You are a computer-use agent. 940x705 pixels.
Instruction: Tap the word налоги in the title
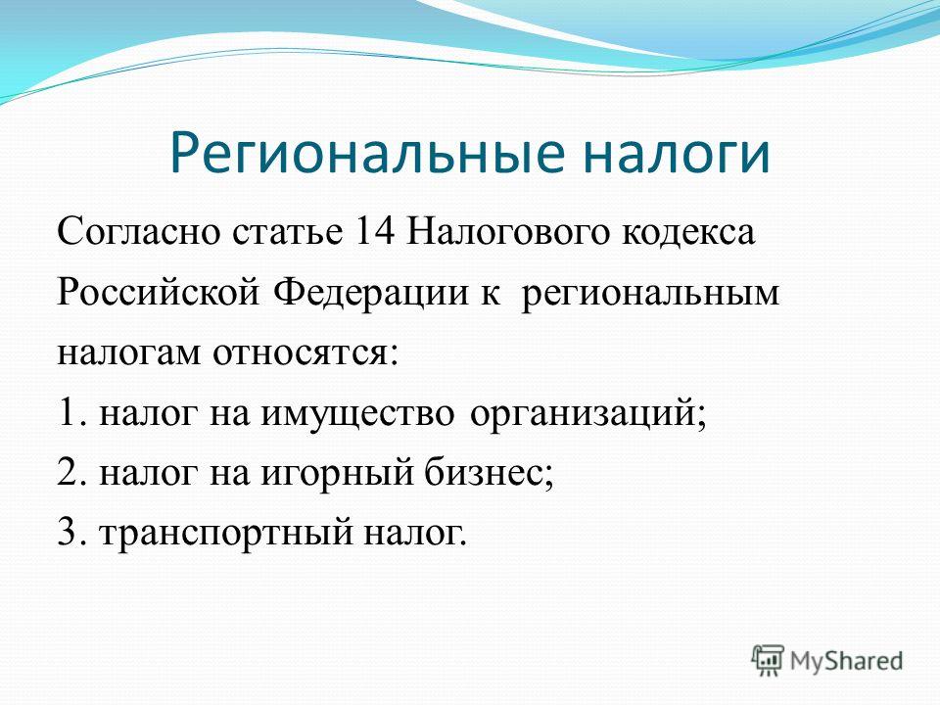point(677,155)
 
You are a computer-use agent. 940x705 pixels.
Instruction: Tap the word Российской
point(159,294)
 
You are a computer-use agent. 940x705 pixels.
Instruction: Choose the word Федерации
point(371,294)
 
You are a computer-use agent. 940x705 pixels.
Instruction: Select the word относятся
point(305,353)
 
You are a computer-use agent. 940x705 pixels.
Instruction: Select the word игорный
point(338,474)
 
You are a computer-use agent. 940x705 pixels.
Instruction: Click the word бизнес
point(490,472)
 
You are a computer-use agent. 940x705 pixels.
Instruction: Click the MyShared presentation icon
point(768,660)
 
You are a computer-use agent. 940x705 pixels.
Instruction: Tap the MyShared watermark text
point(846,661)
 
